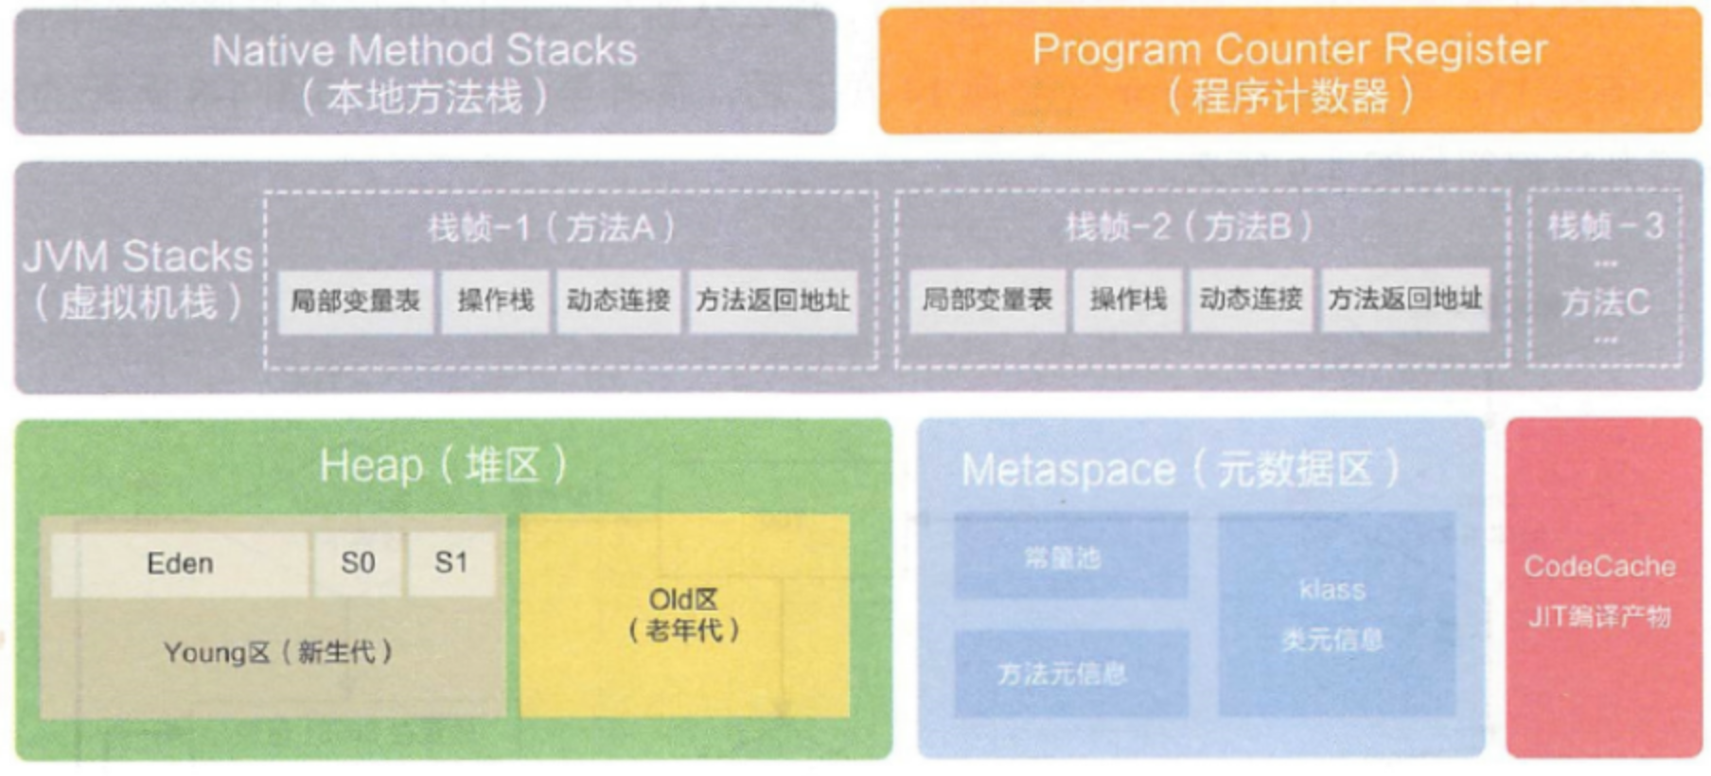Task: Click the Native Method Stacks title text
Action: coord(424,51)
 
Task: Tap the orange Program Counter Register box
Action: coord(1289,72)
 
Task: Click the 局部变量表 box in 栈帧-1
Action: coord(355,302)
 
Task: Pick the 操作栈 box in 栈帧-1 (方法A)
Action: coord(495,302)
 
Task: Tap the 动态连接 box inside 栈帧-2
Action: coord(1250,300)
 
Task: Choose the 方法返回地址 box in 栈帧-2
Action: coord(1404,300)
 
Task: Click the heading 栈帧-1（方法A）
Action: coord(551,227)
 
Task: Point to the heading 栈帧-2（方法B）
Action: coord(1189,227)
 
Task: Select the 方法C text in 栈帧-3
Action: coord(1605,303)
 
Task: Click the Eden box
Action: coord(180,564)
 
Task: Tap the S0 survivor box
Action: coord(358,564)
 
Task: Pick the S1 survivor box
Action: coord(451,564)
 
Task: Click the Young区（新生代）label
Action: coord(277,653)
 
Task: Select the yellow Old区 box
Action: coord(683,615)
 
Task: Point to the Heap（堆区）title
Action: coord(443,466)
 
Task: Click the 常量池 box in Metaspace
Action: coord(1070,557)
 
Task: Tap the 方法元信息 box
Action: coord(1070,674)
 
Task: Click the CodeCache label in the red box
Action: coord(1599,567)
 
